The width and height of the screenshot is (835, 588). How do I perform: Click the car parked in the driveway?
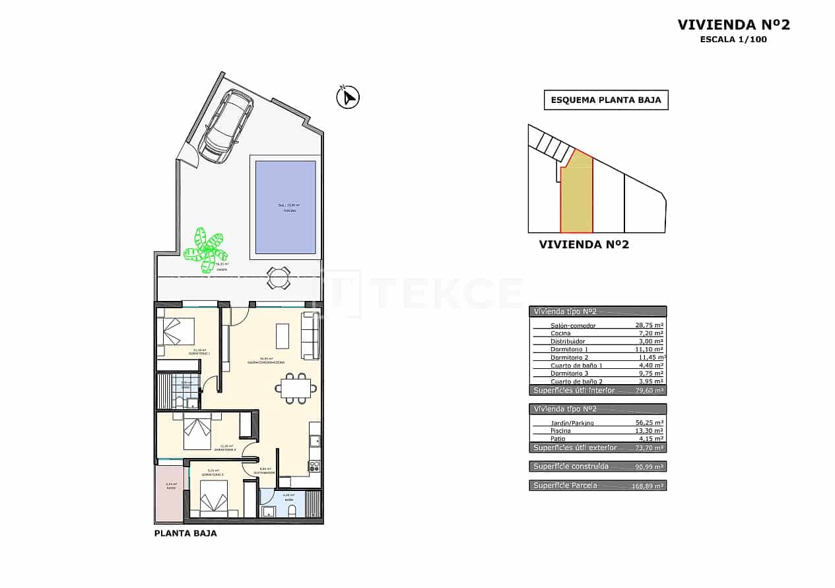point(226,125)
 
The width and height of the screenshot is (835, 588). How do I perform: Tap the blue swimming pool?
point(285,207)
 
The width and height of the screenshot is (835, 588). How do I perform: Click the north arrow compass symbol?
point(347,98)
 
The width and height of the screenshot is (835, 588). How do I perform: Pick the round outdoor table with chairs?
point(279,277)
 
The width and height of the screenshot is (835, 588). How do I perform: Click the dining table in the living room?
point(294,388)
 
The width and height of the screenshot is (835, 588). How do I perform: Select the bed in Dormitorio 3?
point(214,498)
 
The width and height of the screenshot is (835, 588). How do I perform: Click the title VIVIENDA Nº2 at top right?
point(733,25)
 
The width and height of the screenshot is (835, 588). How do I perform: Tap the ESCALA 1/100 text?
point(733,40)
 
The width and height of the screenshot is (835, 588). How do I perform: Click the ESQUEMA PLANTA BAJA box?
point(606,100)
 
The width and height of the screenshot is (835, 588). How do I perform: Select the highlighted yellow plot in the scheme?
point(576,198)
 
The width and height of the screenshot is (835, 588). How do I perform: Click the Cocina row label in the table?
point(560,333)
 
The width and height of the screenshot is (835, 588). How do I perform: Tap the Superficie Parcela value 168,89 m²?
point(648,486)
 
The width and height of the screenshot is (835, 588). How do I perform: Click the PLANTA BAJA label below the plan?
point(185,533)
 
